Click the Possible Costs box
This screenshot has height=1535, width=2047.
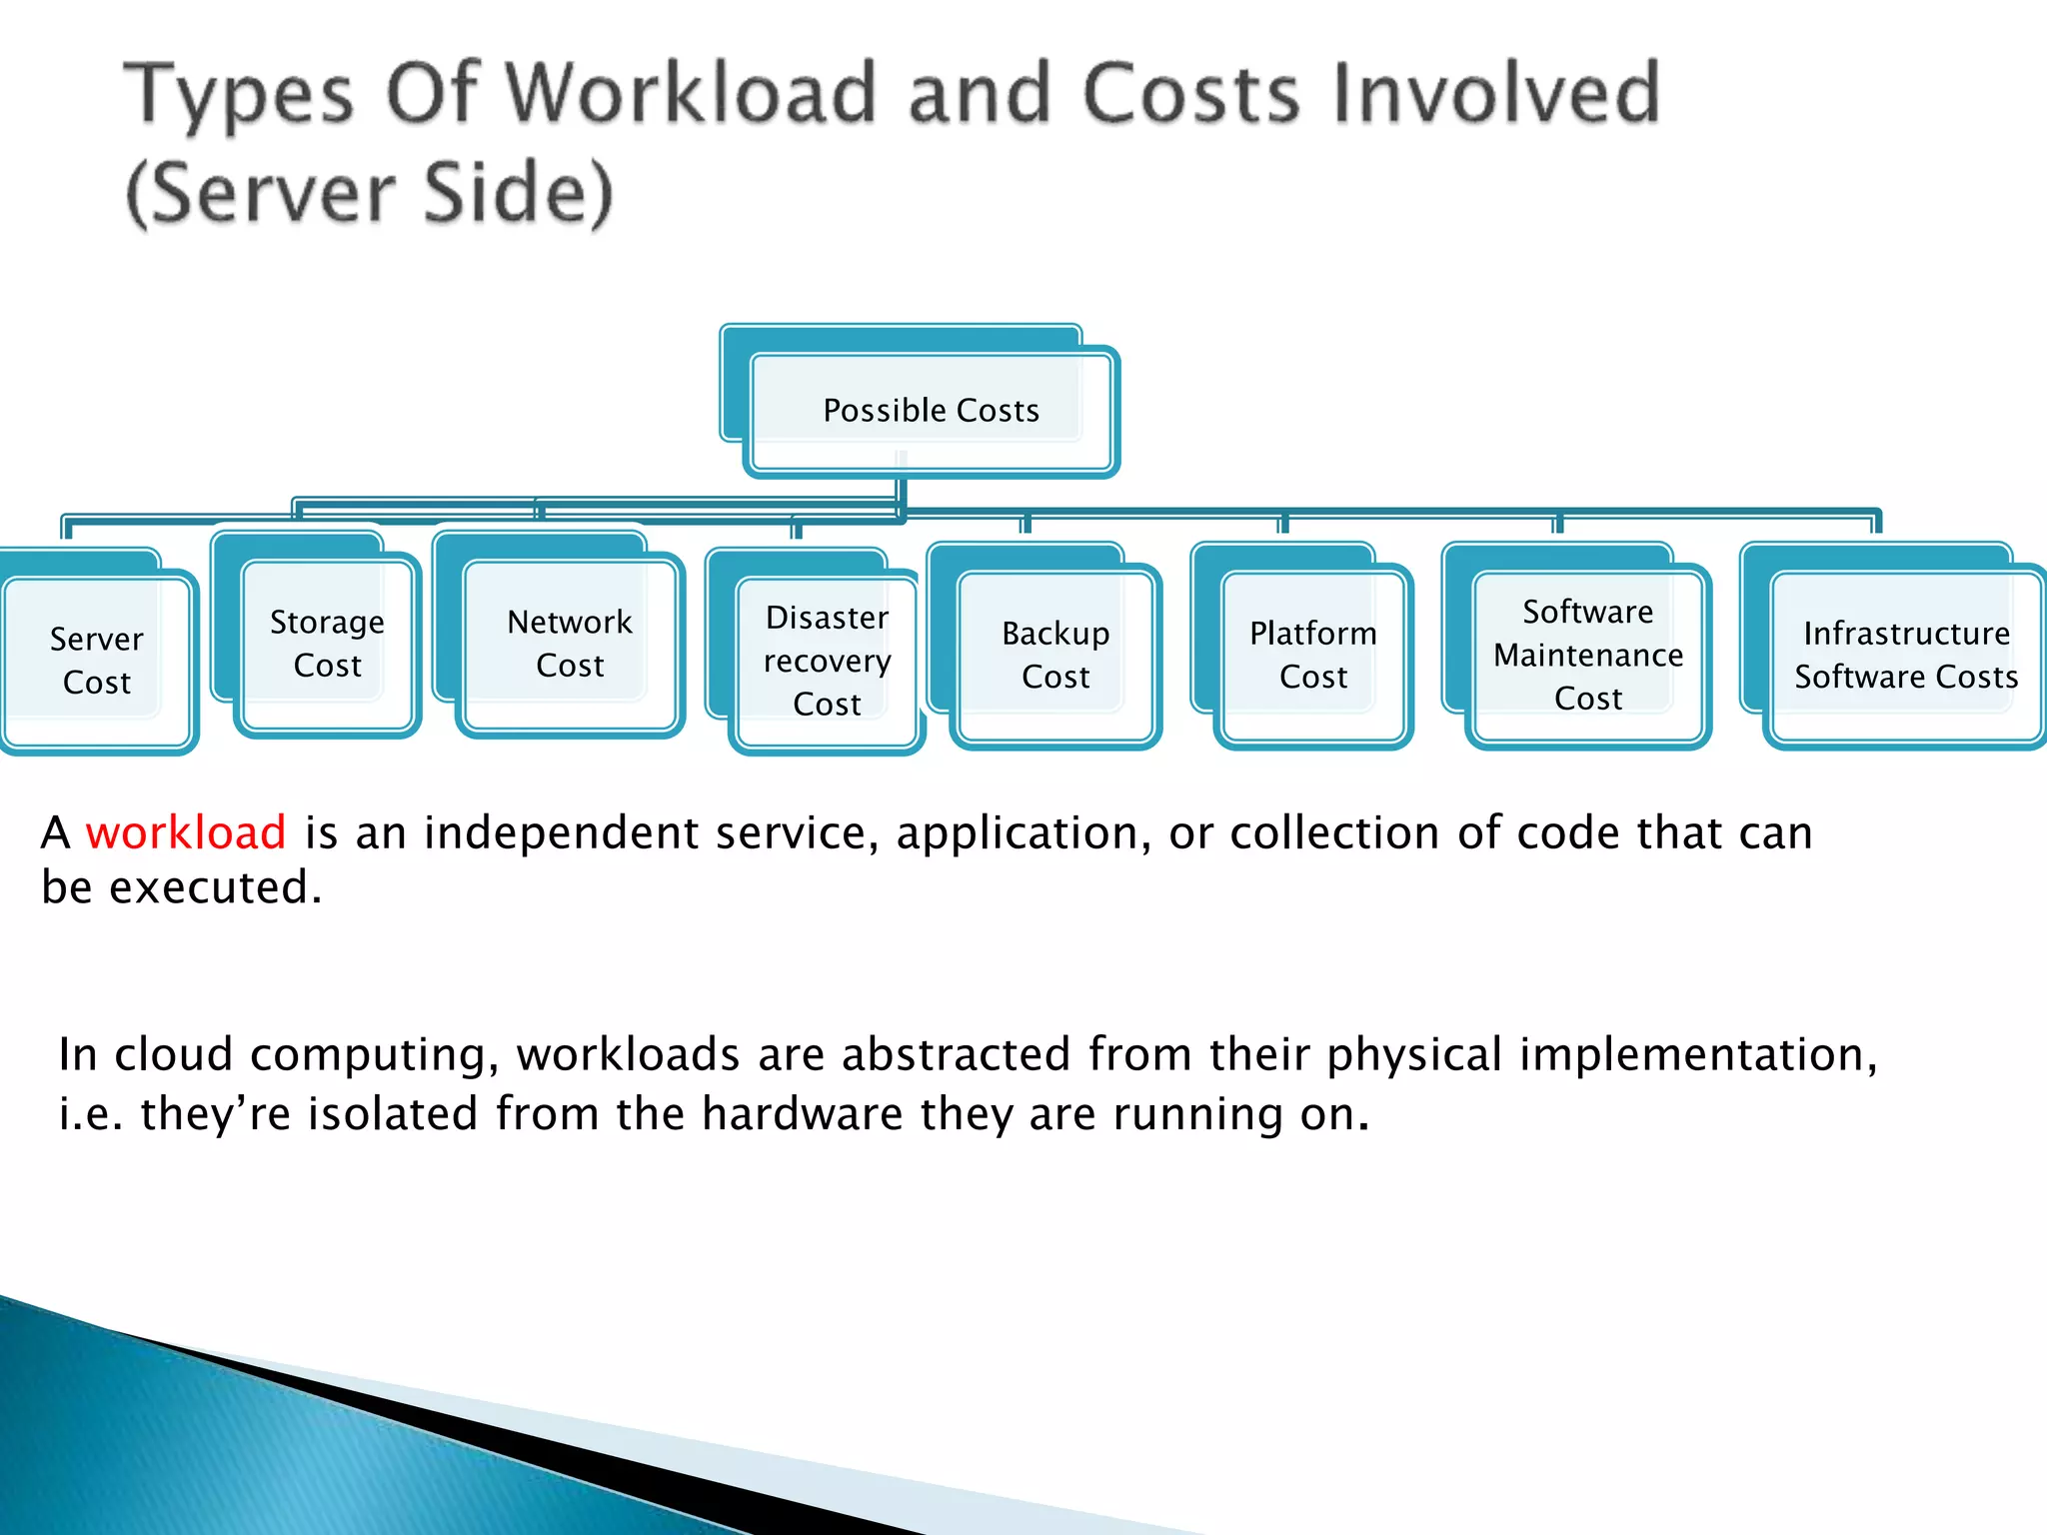click(931, 411)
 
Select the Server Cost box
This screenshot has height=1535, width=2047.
click(97, 660)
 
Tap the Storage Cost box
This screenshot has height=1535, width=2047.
click(327, 644)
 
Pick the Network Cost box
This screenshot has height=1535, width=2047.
click(570, 644)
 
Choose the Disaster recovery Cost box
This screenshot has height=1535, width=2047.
click(827, 661)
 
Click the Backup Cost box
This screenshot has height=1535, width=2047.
click(1055, 655)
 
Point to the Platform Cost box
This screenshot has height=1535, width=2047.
click(1313, 655)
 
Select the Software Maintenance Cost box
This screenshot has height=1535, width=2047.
click(1588, 655)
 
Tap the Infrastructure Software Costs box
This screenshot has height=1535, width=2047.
click(1906, 655)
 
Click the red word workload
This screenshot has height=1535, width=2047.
click(186, 832)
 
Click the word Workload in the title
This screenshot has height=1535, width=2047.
click(690, 93)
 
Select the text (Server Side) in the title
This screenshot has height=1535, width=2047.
click(370, 192)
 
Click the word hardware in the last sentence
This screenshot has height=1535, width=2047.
click(802, 1113)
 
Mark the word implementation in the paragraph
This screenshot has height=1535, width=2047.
click(1698, 1054)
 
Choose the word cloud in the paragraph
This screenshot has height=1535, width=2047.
click(173, 1054)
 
